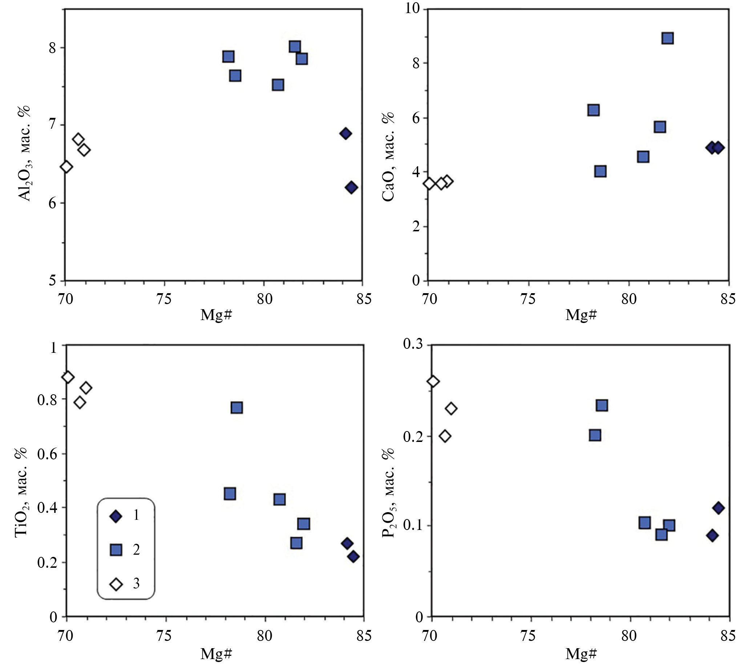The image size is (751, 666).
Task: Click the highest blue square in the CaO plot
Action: (667, 38)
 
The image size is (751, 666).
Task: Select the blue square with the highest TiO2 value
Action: (237, 407)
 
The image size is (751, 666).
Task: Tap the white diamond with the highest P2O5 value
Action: (433, 381)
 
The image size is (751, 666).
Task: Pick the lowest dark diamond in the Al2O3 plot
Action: (351, 188)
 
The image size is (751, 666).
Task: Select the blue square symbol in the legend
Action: (116, 550)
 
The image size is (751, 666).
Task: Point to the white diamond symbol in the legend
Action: (116, 584)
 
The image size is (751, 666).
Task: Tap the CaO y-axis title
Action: (388, 156)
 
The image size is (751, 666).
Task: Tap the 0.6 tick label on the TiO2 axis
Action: (47, 454)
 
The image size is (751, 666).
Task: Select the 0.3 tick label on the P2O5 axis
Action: (413, 344)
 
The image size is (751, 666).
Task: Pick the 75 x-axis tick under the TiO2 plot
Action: (164, 635)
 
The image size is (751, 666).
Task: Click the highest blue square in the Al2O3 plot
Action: (295, 47)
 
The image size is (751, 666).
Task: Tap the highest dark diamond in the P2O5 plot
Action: (718, 508)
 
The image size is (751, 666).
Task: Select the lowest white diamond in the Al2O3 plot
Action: (66, 167)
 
